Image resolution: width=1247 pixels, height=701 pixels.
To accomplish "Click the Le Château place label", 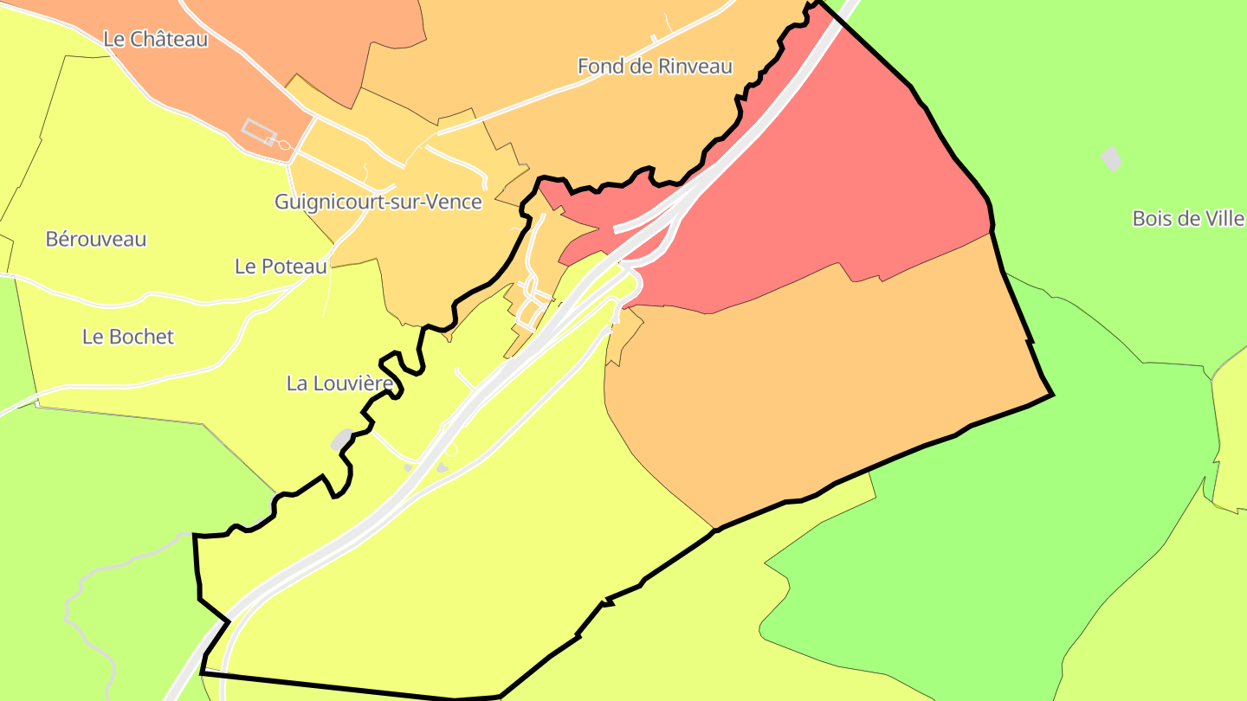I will (155, 39).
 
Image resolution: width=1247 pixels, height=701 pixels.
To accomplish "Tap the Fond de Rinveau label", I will (655, 66).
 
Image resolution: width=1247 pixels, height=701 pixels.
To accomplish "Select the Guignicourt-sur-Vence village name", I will (378, 202).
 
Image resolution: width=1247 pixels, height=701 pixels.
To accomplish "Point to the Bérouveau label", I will (96, 239).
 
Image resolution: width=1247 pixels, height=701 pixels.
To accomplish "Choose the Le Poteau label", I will (281, 267).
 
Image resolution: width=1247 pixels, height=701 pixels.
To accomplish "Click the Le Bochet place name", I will (128, 337).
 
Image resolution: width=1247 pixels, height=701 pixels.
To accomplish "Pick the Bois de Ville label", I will (1188, 218).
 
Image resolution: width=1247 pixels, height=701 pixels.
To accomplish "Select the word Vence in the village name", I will (455, 202).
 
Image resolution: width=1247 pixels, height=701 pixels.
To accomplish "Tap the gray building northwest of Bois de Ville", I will (1110, 158).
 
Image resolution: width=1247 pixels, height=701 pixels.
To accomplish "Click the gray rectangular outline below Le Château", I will (259, 132).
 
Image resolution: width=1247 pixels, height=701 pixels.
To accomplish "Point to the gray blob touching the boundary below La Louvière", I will (341, 440).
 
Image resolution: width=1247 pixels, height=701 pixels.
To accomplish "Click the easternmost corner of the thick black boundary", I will (1052, 395).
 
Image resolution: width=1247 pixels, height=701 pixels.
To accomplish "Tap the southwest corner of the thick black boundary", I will (202, 672).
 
